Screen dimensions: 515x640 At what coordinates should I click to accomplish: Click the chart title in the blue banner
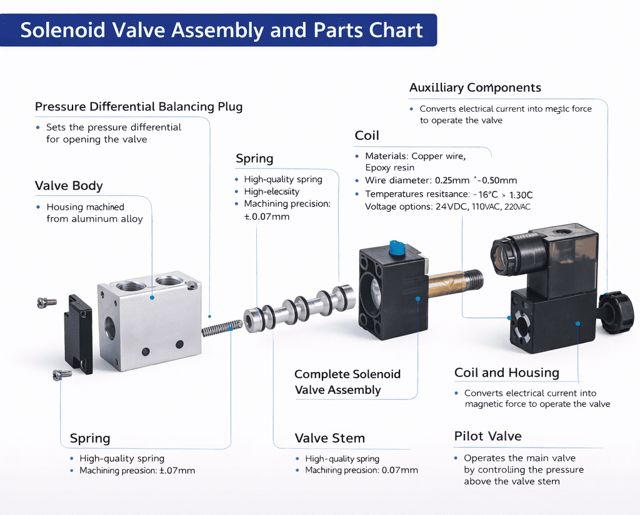coord(221,30)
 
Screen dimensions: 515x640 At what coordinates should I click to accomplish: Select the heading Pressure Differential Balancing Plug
coord(139,107)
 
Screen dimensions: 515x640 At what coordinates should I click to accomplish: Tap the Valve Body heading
coord(69,186)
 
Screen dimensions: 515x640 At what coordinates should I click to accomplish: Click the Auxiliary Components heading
coord(475,88)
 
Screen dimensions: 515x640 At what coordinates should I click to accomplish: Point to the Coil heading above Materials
coord(367,136)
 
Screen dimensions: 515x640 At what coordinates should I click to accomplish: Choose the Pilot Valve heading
coord(487,436)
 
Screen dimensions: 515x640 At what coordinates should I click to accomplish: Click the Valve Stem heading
coord(329,438)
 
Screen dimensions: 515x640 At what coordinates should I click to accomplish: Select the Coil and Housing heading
coord(506,373)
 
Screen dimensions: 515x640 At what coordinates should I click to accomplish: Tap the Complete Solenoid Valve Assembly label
coord(347,382)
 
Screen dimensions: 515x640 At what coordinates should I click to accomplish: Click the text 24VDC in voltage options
coord(451,207)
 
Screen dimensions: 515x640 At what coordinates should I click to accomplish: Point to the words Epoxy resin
coord(389,168)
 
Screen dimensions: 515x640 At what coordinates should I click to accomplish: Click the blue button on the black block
coord(397,248)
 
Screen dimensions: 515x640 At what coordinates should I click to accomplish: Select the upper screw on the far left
coord(46,303)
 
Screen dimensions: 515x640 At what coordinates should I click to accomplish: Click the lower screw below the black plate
coord(62,375)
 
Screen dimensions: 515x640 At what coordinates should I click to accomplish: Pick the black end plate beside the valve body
coord(78,334)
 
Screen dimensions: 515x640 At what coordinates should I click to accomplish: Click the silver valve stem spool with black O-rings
coord(300,308)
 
